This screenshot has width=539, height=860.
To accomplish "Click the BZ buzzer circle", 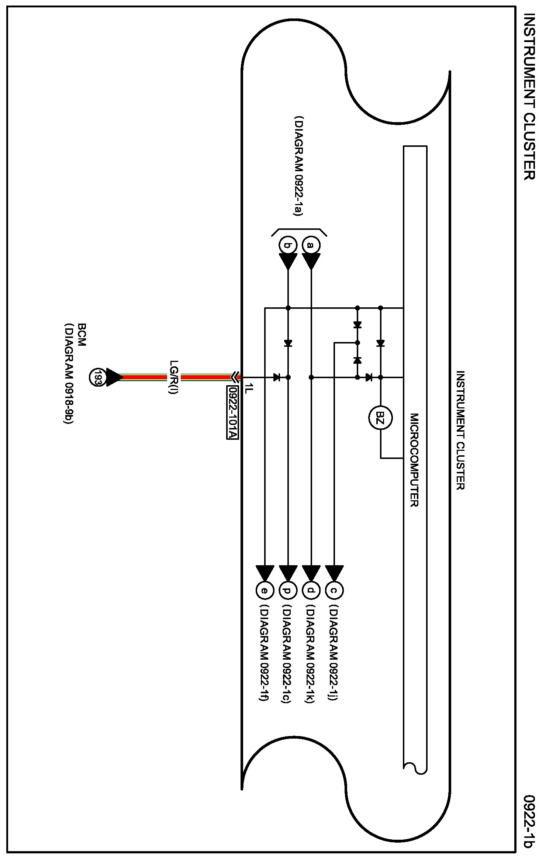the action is tap(380, 418).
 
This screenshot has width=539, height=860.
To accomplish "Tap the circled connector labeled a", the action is tap(311, 245).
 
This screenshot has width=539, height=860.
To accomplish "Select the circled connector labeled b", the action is tap(288, 245).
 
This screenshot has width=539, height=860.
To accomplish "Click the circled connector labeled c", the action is tap(334, 591).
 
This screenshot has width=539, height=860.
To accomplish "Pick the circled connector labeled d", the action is tap(311, 591).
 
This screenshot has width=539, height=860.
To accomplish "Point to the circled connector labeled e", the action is tap(265, 591).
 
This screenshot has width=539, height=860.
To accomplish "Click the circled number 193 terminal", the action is tap(98, 377).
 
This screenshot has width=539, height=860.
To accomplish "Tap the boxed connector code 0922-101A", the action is tap(232, 412).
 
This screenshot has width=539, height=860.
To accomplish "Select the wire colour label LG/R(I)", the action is tap(174, 377).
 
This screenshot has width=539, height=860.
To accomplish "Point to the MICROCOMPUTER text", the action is tap(414, 460).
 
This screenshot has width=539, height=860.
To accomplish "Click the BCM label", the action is tap(82, 335).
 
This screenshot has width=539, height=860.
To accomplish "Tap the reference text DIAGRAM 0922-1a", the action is tap(298, 166).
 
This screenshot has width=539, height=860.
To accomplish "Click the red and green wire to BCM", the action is tap(177, 377).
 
